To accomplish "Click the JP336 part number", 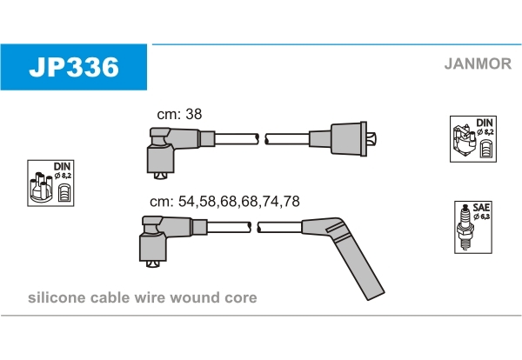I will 73,67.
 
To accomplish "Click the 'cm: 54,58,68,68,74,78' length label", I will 224,201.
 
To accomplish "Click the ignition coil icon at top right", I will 472,138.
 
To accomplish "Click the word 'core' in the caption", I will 241,298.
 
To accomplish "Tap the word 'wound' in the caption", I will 200,298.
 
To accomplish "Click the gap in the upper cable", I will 262,137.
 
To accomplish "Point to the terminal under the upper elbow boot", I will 160,176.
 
